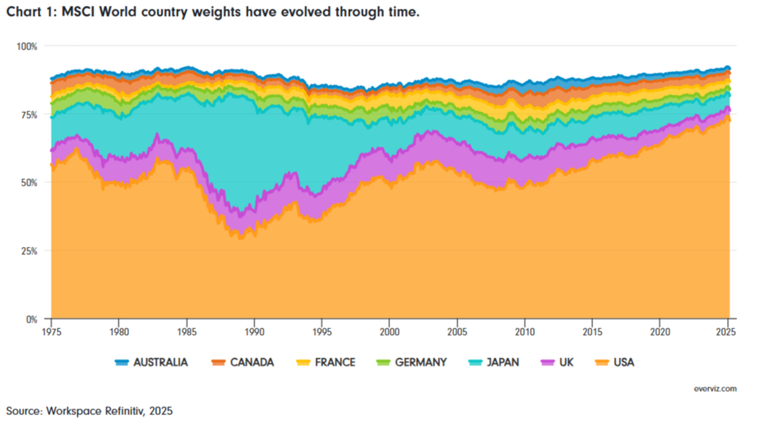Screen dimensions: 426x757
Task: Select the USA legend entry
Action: [x=615, y=362]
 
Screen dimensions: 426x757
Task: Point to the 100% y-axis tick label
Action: [x=27, y=46]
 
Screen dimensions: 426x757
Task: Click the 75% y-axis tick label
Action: [x=29, y=114]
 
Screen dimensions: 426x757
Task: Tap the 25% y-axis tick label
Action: [x=29, y=251]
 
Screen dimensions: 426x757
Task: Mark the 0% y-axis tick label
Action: [x=32, y=319]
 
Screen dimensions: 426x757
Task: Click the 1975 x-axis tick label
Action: [x=51, y=331]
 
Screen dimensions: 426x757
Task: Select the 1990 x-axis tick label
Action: [x=254, y=331]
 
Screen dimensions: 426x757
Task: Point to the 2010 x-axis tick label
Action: [x=525, y=331]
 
